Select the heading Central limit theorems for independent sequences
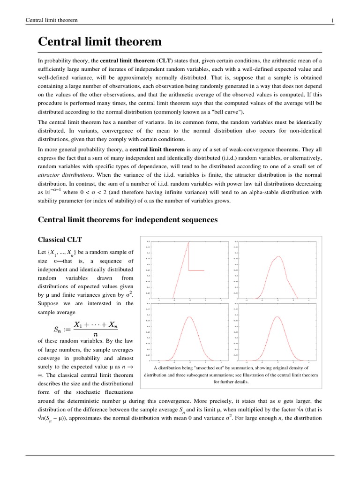click(x=127, y=219)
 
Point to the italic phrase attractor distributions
click(x=63, y=174)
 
